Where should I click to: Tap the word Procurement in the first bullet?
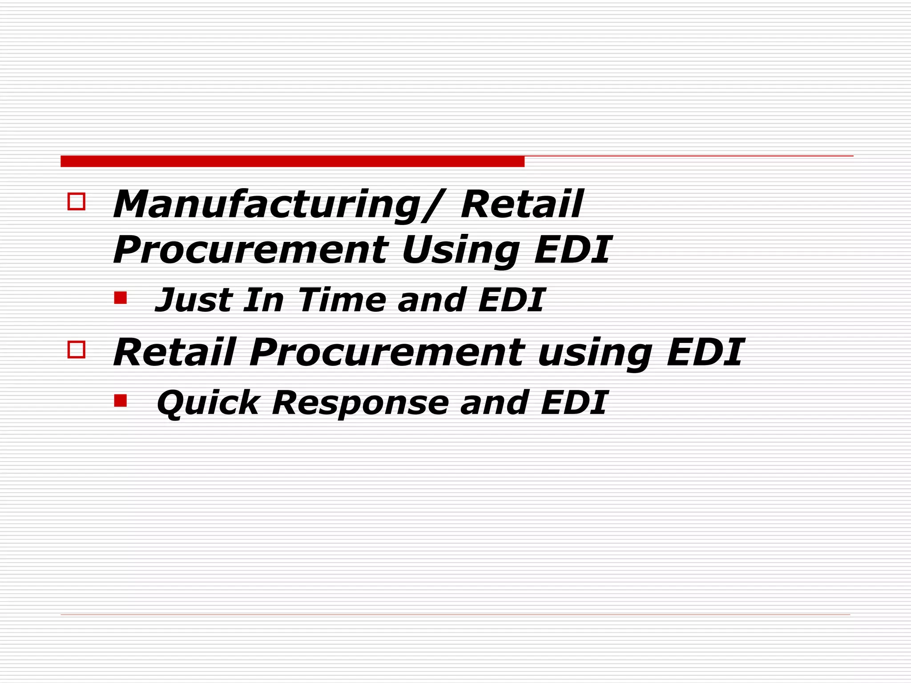(x=250, y=250)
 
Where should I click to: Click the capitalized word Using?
(x=460, y=250)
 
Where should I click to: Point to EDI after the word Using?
(x=572, y=250)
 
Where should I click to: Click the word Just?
(x=194, y=300)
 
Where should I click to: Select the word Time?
(x=342, y=300)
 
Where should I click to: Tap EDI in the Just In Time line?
(x=512, y=300)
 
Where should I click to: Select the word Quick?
(x=208, y=403)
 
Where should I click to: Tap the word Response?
(x=360, y=403)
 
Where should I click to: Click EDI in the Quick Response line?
(x=574, y=403)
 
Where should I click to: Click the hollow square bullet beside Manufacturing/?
(x=76, y=201)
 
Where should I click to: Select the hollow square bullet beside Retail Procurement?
(x=76, y=350)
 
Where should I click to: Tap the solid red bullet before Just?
(x=120, y=297)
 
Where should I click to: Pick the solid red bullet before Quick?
(x=120, y=401)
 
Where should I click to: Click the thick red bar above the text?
(x=292, y=161)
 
